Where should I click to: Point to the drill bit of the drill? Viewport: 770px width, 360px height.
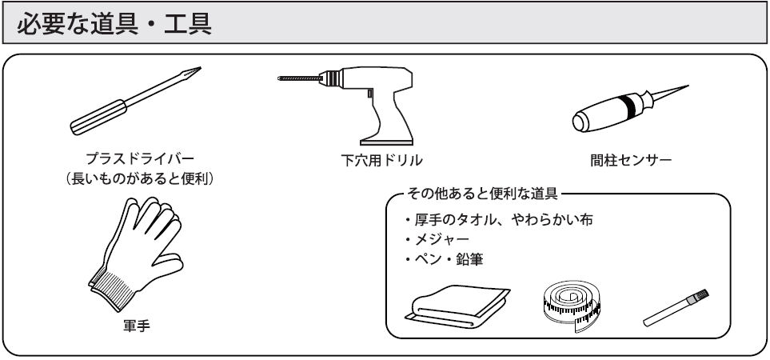click(300, 80)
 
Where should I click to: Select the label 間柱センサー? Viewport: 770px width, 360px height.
click(633, 160)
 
